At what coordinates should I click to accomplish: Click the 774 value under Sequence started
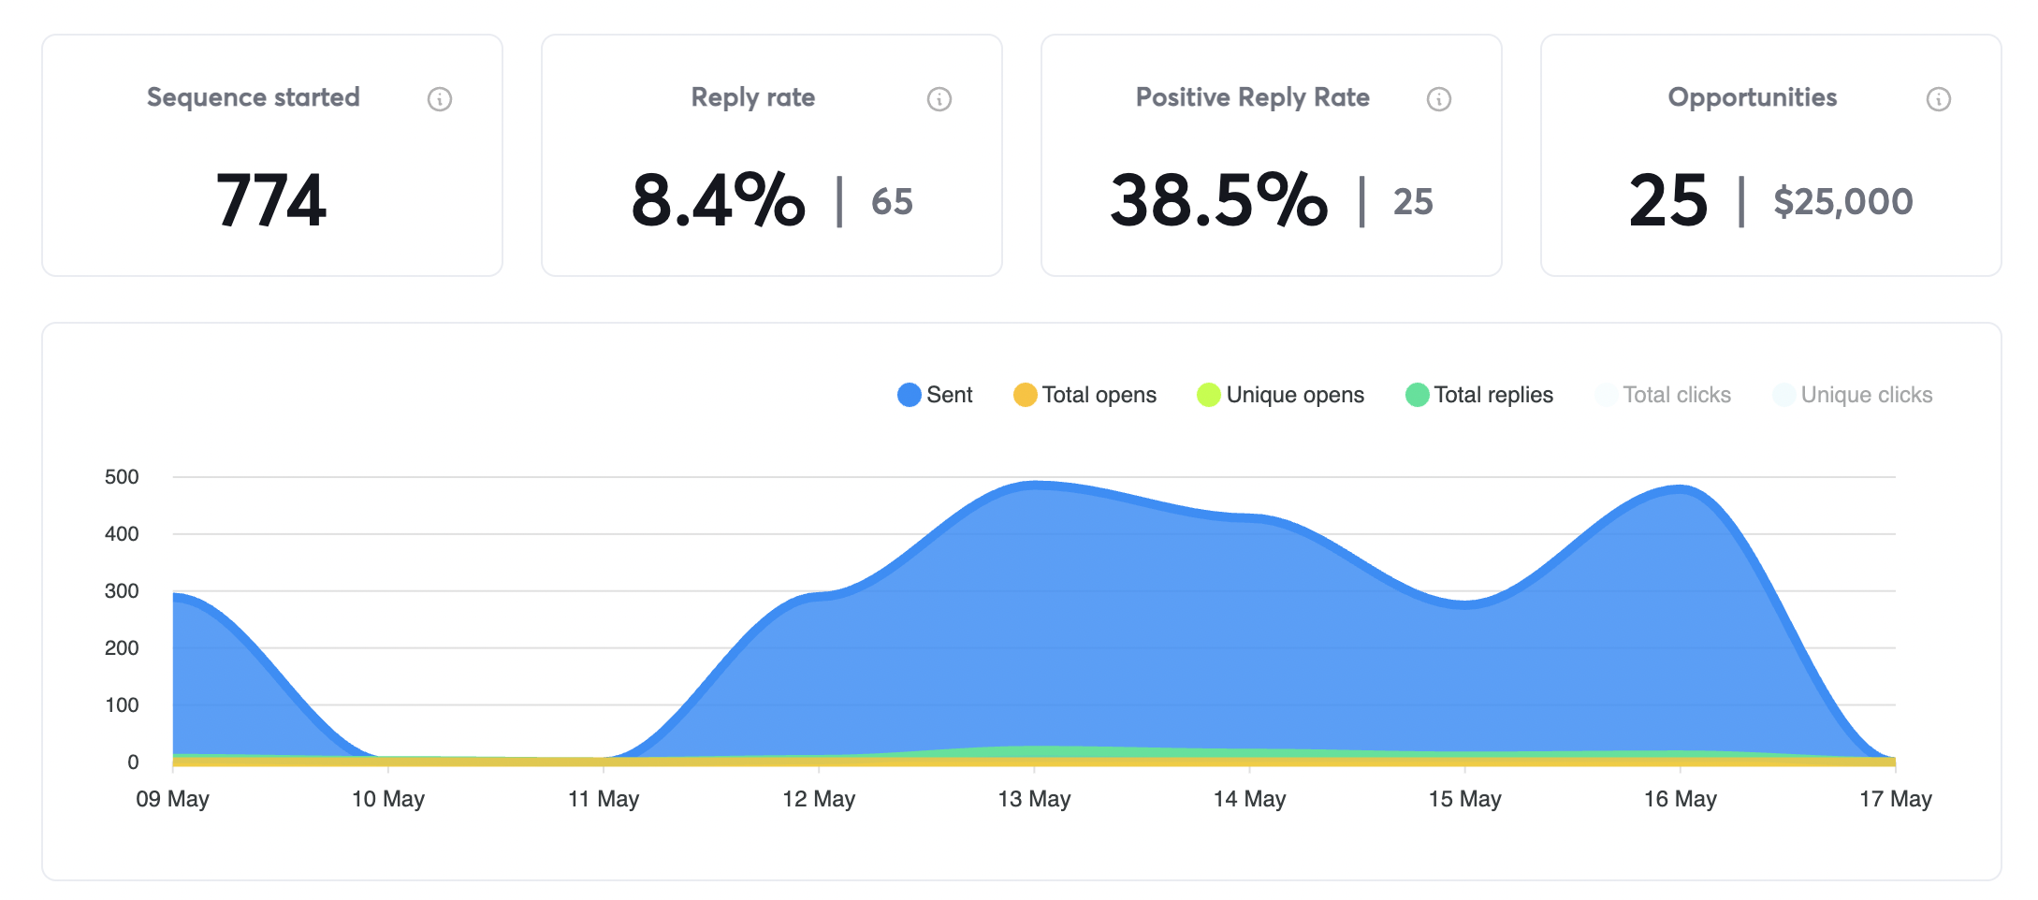[x=271, y=200]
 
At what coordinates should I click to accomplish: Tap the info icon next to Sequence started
[x=440, y=99]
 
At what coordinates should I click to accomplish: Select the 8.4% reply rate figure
[x=718, y=200]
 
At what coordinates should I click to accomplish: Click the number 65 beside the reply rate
[x=892, y=202]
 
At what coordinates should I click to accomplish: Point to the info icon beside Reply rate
[x=939, y=99]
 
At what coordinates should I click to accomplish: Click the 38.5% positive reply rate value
[x=1218, y=200]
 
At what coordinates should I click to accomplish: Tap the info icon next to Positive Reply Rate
[x=1439, y=99]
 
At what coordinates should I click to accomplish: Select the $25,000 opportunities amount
[x=1842, y=202]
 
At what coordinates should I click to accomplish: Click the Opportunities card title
[x=1752, y=97]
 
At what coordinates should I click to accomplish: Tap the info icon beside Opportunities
[x=1939, y=99]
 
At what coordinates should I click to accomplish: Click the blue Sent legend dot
[x=909, y=395]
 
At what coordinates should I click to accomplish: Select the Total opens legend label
[x=1099, y=395]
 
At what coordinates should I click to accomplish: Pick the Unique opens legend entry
[x=1294, y=395]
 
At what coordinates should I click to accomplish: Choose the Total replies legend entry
[x=1492, y=395]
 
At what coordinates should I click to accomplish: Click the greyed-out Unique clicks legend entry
[x=1866, y=395]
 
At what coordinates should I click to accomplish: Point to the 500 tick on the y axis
[x=122, y=477]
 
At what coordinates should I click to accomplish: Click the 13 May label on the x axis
[x=1034, y=799]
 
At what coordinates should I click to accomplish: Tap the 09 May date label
[x=173, y=799]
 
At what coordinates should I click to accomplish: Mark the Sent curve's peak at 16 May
[x=1681, y=488]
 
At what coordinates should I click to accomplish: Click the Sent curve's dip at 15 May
[x=1465, y=604]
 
